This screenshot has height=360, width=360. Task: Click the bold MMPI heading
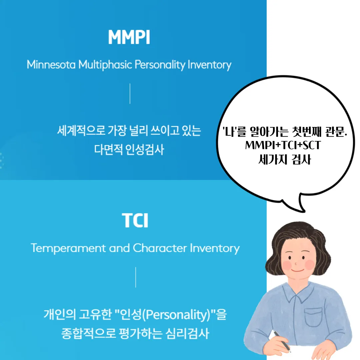tap(129, 38)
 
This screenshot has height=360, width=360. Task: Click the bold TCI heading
tap(135, 221)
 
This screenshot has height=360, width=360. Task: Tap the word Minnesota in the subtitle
tap(51, 64)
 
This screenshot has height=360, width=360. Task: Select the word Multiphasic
tap(105, 65)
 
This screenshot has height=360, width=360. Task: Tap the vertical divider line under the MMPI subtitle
tap(130, 94)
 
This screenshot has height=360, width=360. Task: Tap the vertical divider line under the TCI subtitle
tap(136, 277)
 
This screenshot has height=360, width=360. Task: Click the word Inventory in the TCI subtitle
tap(215, 248)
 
